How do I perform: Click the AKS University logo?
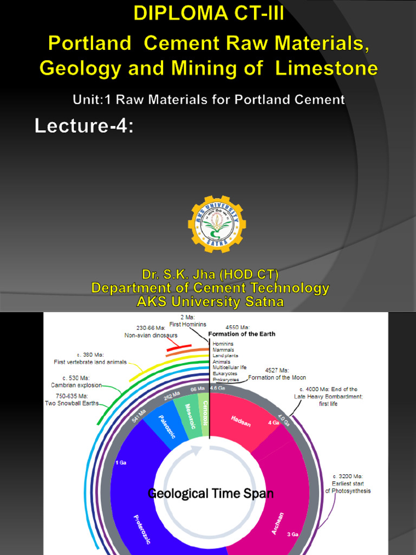(x=217, y=224)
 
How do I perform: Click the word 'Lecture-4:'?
(x=84, y=126)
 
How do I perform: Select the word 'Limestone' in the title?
(x=326, y=68)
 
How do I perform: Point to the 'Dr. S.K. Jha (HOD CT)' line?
(x=210, y=274)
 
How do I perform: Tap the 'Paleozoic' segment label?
(x=167, y=426)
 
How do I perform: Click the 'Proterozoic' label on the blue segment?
(x=142, y=528)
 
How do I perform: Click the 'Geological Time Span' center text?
(x=211, y=494)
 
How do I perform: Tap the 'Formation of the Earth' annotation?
(x=242, y=334)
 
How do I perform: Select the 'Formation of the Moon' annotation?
(x=277, y=377)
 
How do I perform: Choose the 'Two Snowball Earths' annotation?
(x=72, y=403)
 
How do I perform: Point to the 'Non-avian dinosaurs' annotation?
(x=151, y=335)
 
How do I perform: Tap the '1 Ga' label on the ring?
(x=120, y=462)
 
